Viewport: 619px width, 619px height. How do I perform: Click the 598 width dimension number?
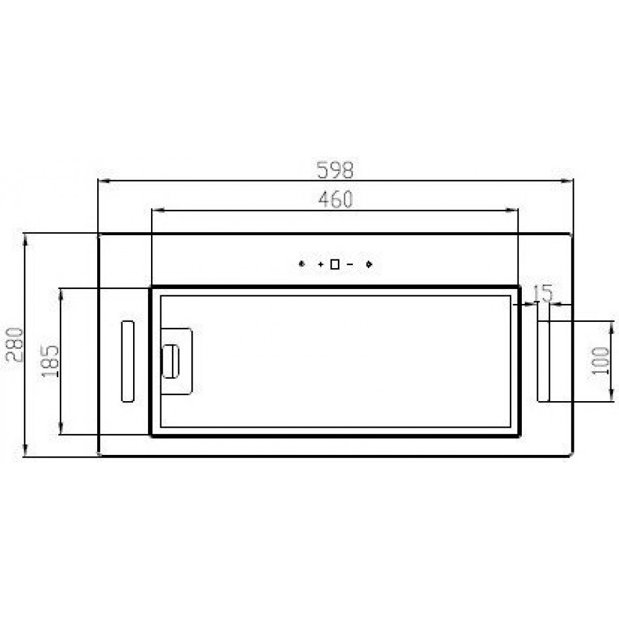click(335, 170)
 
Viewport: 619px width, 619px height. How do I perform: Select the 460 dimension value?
click(335, 199)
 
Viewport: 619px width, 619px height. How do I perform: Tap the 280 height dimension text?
click(15, 345)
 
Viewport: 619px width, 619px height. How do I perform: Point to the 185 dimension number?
click(50, 361)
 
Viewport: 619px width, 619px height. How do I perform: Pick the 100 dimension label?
click(600, 360)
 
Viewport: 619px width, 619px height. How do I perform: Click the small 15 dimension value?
click(543, 293)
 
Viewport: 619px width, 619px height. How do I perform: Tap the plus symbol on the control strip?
click(321, 264)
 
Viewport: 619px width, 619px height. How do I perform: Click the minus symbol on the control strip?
click(349, 264)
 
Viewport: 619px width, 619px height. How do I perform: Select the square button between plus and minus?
click(335, 264)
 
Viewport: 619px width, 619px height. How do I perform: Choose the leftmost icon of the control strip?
click(301, 264)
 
